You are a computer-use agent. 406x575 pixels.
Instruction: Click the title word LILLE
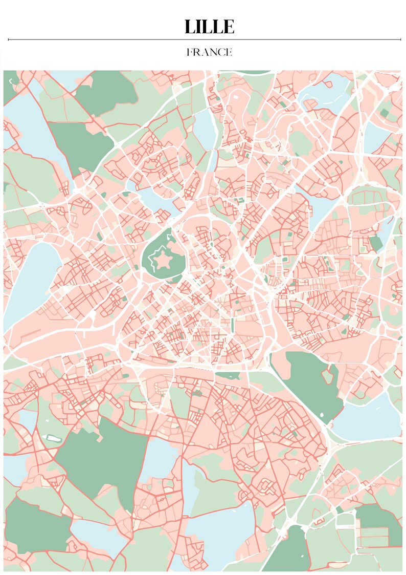209,27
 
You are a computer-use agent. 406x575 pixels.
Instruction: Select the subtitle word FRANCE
209,52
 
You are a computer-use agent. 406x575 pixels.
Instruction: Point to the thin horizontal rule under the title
205,39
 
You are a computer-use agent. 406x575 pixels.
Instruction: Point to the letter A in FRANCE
203,52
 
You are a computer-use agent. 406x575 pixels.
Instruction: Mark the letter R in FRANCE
196,52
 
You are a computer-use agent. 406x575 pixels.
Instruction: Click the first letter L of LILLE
189,27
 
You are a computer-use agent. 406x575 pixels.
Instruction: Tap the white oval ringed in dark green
53,438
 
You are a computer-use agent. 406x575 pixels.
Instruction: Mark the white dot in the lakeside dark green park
322,413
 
